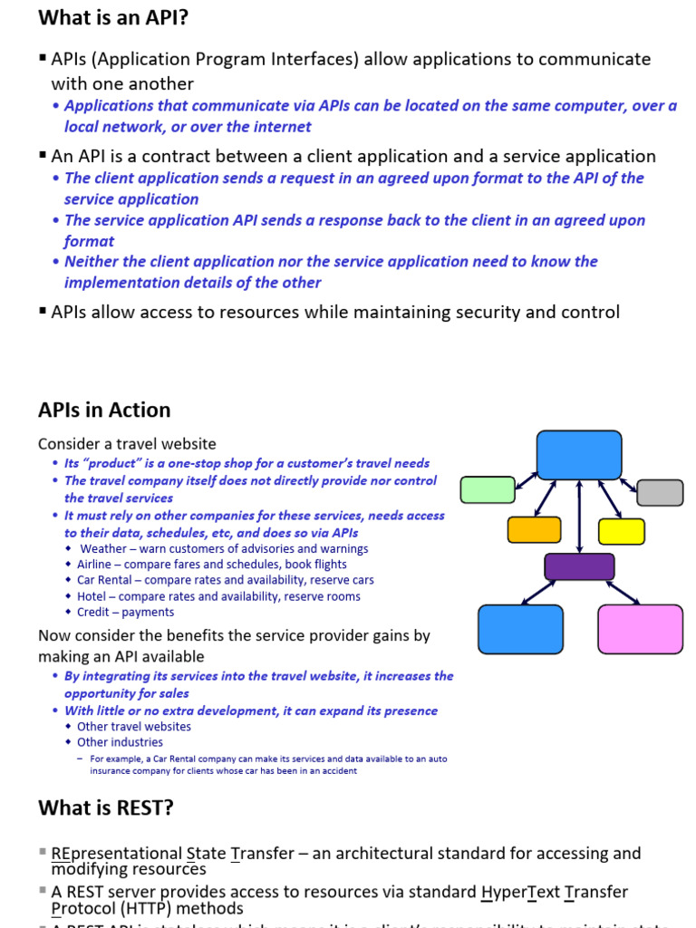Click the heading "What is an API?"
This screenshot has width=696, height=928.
[x=113, y=17]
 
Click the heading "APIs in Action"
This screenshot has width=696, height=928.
[x=104, y=410]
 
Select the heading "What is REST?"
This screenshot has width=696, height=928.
[x=106, y=807]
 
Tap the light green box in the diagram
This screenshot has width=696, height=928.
[x=488, y=489]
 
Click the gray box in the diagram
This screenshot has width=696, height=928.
[x=660, y=492]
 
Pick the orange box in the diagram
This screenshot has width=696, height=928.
[x=534, y=529]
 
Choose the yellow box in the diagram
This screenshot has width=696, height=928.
[x=622, y=531]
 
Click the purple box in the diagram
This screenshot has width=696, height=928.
[x=579, y=566]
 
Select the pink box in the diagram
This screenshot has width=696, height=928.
[x=640, y=629]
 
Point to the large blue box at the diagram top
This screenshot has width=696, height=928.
[x=579, y=455]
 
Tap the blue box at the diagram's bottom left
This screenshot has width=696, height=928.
[x=520, y=629]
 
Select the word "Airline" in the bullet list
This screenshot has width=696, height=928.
[x=94, y=565]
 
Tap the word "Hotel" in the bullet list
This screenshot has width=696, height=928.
[x=92, y=596]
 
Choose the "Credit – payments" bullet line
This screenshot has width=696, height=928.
[x=125, y=612]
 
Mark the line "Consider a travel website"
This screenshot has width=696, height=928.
[x=127, y=444]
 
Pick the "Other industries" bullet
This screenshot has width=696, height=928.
[x=120, y=742]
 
